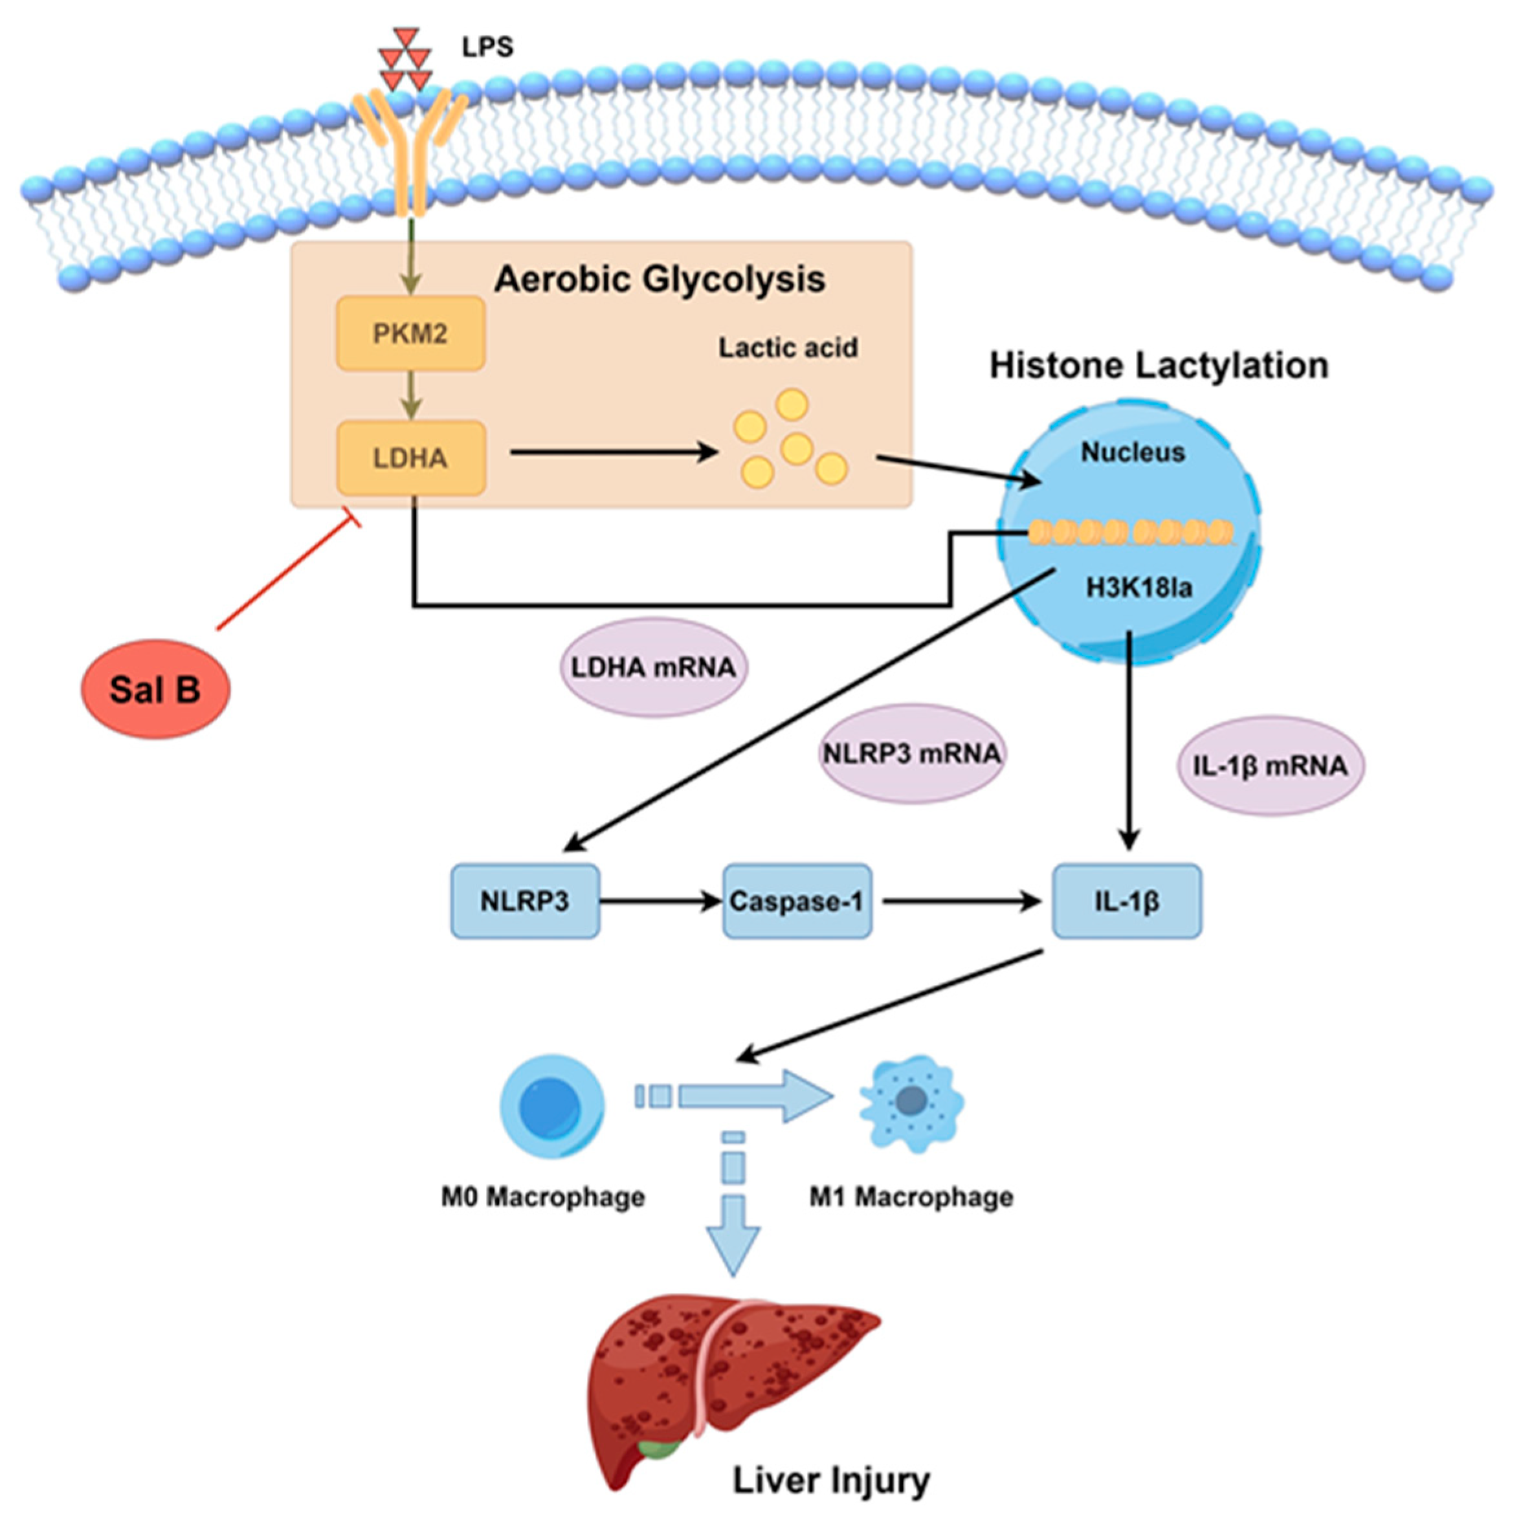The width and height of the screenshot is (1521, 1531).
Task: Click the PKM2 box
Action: click(410, 334)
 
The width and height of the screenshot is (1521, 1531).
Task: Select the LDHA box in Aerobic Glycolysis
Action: click(410, 458)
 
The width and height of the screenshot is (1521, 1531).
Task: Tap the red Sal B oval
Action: click(155, 689)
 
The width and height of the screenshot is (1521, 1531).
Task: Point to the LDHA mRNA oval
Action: click(654, 667)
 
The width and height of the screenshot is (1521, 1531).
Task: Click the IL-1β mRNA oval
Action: click(1270, 765)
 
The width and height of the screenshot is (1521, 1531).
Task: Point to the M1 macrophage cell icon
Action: click(911, 1101)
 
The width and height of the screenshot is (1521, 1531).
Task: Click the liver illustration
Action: click(729, 1379)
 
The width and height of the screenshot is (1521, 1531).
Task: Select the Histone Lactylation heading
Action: click(1159, 366)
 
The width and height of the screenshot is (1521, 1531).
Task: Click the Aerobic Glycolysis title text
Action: click(660, 280)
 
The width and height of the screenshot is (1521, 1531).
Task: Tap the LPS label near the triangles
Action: click(487, 47)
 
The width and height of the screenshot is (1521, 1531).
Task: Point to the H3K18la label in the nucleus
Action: click(1139, 588)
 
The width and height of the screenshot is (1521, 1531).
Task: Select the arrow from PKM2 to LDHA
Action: click(410, 396)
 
